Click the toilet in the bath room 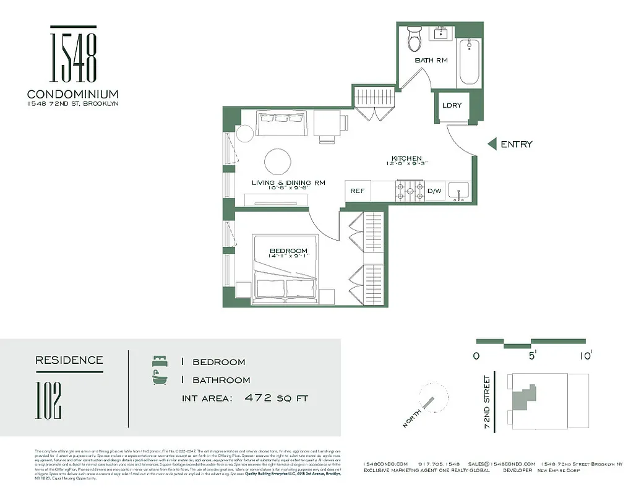point(414,39)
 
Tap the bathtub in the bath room point(468,62)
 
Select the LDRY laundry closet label point(452,105)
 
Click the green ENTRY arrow point(492,144)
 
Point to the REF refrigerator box point(357,191)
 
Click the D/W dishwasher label point(434,191)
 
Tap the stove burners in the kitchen point(410,191)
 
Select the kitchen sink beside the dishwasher point(458,191)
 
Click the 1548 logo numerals point(73,57)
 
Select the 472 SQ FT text point(277,398)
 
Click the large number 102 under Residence point(49,401)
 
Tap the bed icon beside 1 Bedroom point(160,361)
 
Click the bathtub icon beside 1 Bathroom point(160,379)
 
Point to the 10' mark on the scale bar point(586,355)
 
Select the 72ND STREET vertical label point(488,402)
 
